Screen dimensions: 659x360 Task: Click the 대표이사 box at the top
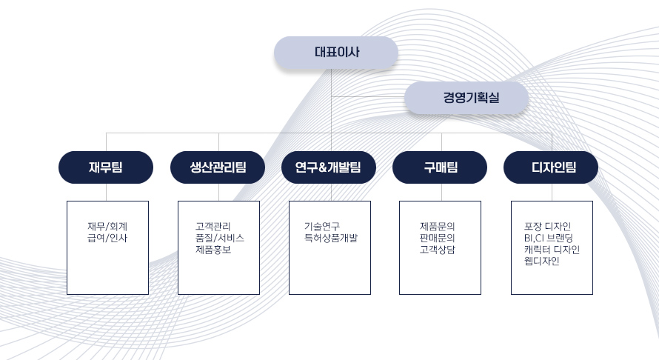click(336, 53)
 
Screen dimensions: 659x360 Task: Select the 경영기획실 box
click(466, 98)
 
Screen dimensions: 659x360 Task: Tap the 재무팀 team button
click(106, 167)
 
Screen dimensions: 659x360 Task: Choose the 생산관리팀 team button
click(218, 167)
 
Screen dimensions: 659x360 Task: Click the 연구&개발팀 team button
click(329, 167)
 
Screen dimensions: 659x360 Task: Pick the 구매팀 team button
click(440, 167)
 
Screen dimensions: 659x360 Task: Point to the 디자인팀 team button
click(551, 167)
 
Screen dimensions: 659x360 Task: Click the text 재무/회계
click(107, 227)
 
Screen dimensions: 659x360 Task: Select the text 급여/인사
click(107, 238)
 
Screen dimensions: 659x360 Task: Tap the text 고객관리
click(213, 227)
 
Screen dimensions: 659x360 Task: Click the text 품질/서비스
click(220, 238)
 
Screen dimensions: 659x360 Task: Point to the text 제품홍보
click(213, 250)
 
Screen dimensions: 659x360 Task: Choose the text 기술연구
click(322, 227)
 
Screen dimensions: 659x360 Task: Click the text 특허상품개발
click(331, 238)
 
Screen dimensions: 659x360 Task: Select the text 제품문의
click(438, 227)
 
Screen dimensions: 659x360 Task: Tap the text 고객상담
click(438, 250)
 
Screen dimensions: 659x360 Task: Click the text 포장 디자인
click(548, 227)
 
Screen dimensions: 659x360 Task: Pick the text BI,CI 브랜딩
click(549, 238)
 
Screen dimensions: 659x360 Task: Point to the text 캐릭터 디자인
click(552, 250)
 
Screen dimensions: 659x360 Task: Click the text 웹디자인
click(542, 261)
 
